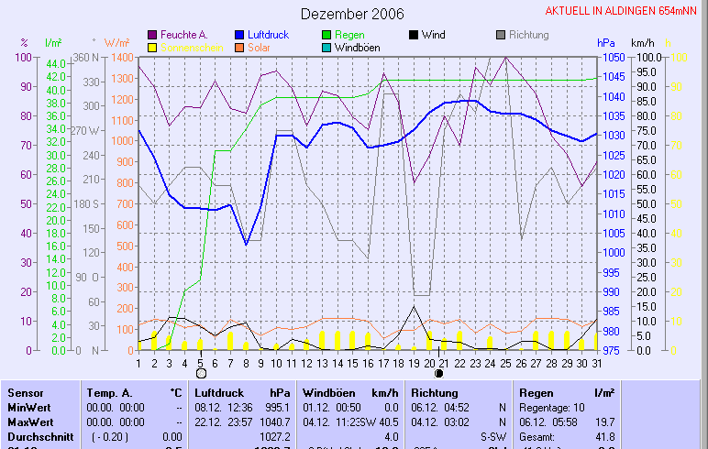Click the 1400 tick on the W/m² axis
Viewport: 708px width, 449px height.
click(119, 57)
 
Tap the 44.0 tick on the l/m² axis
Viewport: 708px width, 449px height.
click(56, 63)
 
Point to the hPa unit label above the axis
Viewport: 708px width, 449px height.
click(605, 43)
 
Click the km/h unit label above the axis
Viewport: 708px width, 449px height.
click(642, 43)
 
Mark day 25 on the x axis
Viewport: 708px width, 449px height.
click(505, 363)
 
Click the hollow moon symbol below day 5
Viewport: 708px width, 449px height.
click(202, 373)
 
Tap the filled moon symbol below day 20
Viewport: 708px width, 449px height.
click(438, 373)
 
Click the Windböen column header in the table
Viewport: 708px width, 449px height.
click(323, 392)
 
